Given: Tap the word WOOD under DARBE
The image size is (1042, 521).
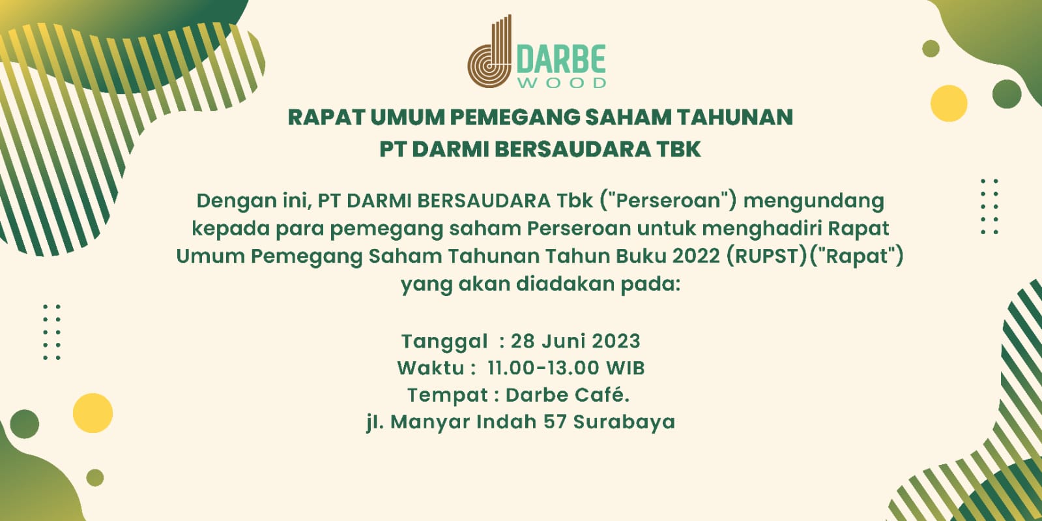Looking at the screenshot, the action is [562, 83].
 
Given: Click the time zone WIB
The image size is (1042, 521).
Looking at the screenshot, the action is [625, 368].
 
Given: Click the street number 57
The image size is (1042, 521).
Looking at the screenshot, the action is [555, 422].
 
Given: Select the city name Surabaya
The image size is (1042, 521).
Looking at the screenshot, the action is [624, 423].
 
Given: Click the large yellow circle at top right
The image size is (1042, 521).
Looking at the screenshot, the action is [949, 104].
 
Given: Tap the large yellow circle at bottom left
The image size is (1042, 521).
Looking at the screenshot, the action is [93, 413].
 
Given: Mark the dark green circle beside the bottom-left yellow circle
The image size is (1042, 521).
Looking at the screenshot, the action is [25, 424].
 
